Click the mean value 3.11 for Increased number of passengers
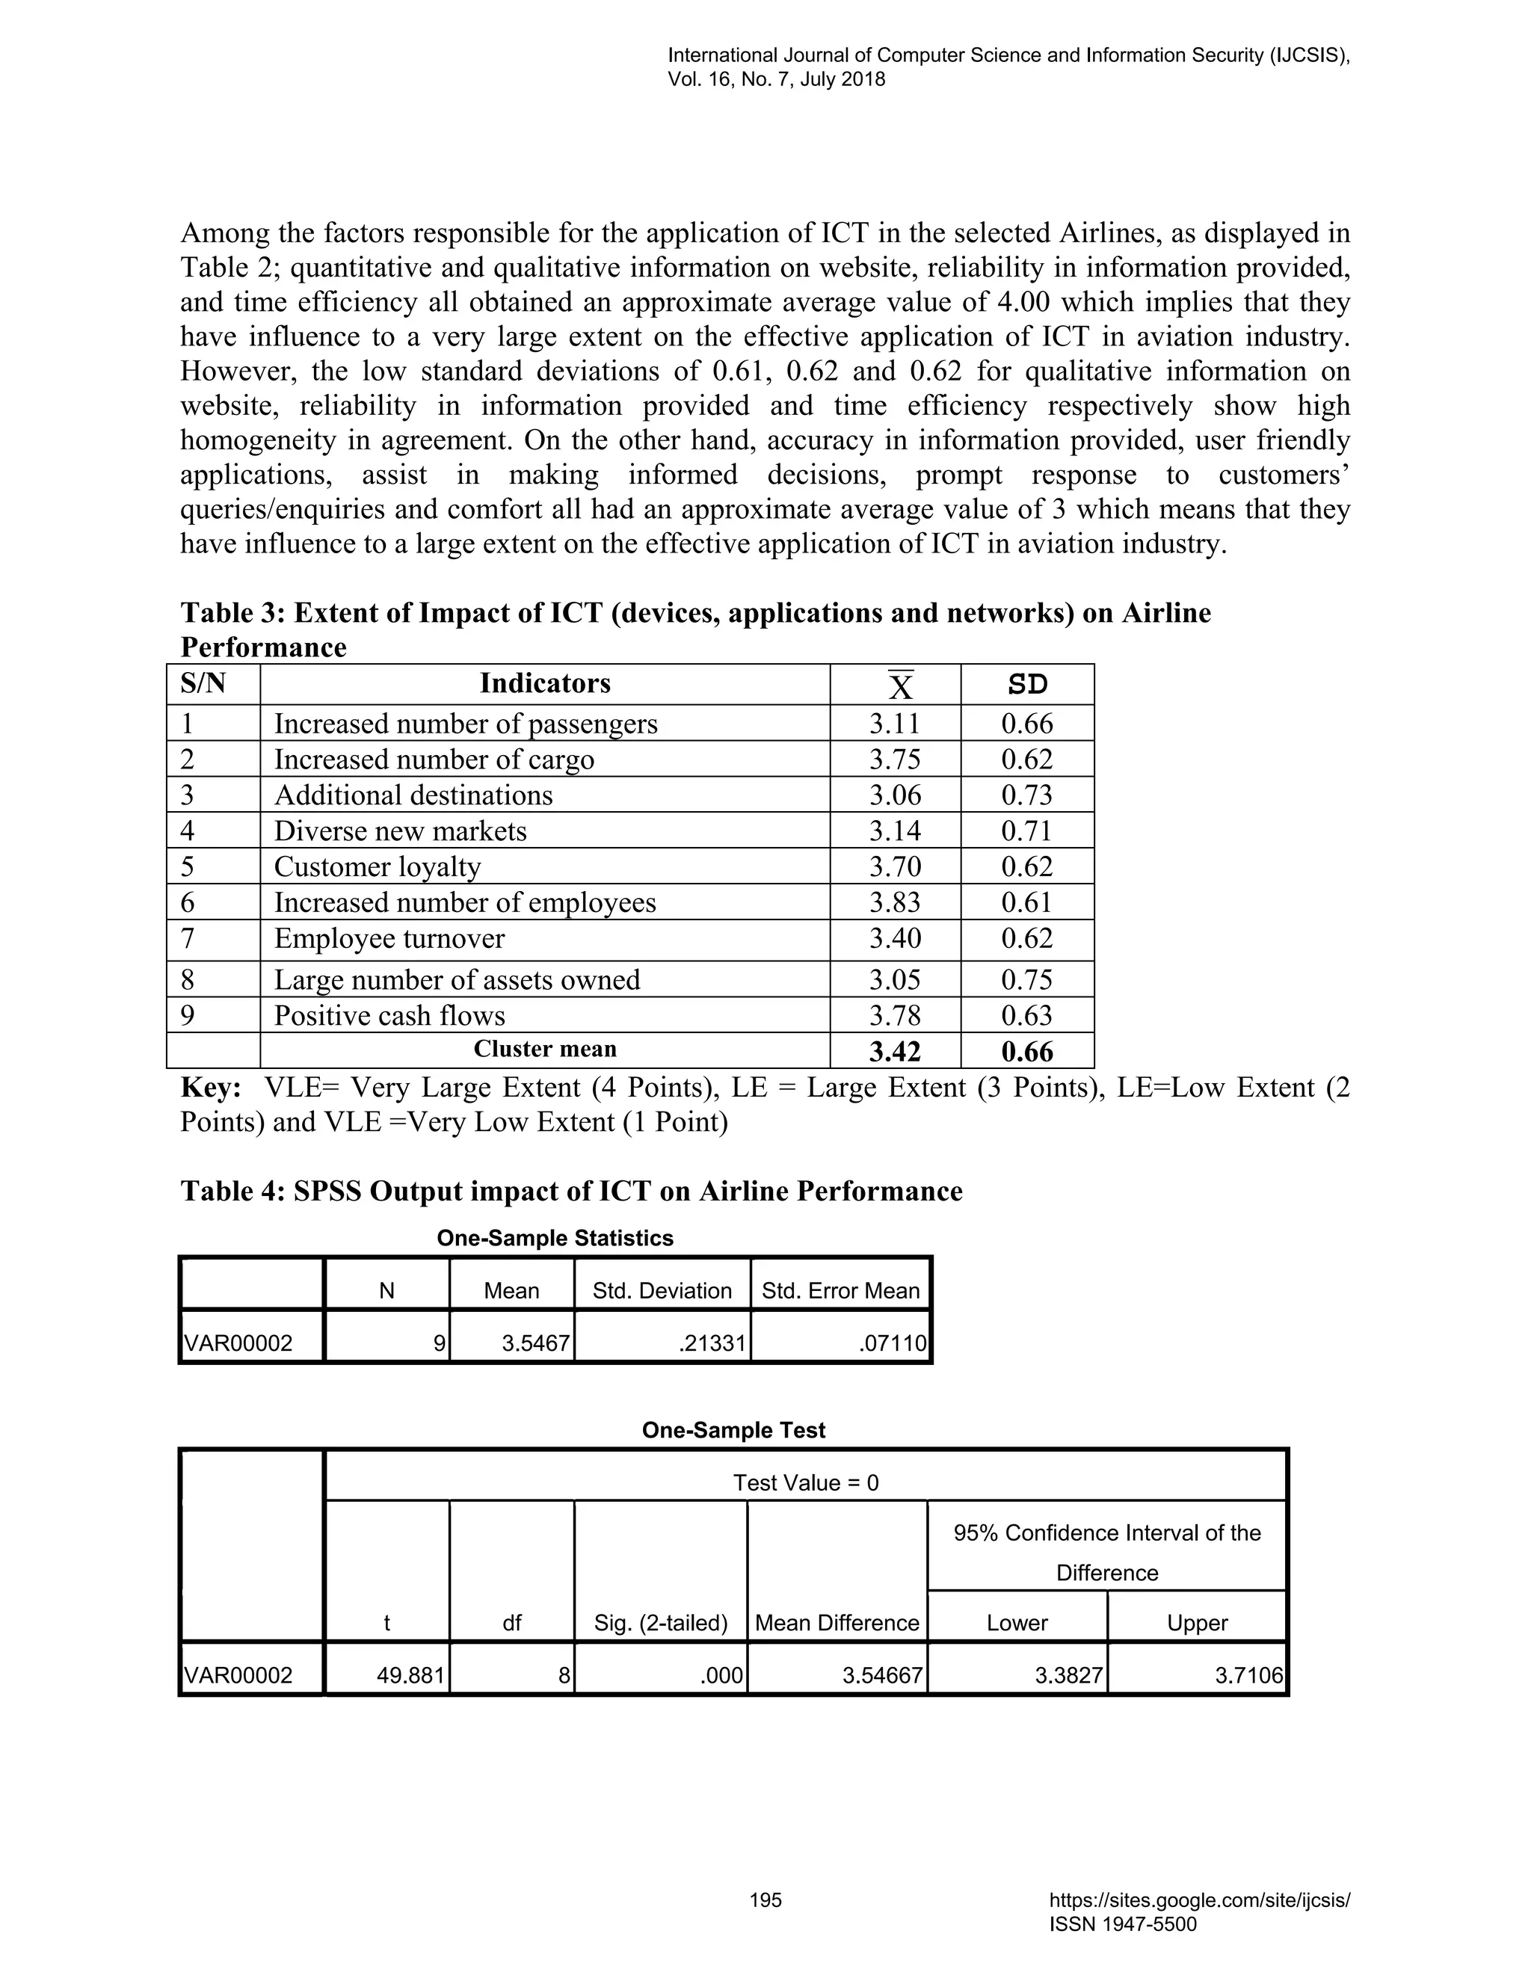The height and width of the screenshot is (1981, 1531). click(x=894, y=724)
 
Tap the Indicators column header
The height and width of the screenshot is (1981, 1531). click(x=544, y=684)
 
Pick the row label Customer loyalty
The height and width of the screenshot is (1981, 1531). click(x=378, y=867)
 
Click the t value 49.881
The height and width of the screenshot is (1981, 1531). click(x=411, y=1675)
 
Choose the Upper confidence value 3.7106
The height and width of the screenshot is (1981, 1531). click(x=1249, y=1675)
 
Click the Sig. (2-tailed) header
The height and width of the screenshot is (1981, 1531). click(x=660, y=1623)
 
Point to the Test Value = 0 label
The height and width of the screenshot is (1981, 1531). click(x=805, y=1482)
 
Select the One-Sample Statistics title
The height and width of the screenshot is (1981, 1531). click(x=555, y=1238)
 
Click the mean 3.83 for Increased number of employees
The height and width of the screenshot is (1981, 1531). click(x=894, y=902)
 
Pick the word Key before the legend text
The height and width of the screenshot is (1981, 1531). click(x=209, y=1088)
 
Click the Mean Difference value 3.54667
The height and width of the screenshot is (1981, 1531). click(x=881, y=1675)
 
